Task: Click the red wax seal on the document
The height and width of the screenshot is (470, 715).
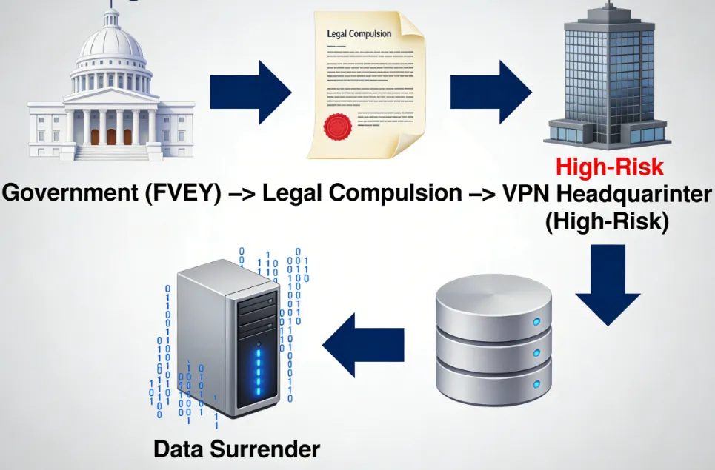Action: pos(339,126)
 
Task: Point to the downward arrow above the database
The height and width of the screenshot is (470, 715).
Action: pos(608,285)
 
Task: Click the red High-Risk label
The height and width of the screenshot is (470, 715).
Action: pos(610,167)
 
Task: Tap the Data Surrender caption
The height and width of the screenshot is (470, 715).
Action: pos(237,449)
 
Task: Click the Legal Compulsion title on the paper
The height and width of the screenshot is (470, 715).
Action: pos(359,34)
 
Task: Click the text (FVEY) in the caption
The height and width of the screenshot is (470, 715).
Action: pos(189,194)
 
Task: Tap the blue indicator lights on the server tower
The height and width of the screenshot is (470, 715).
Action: pos(259,369)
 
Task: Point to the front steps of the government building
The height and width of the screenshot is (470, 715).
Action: pos(111,152)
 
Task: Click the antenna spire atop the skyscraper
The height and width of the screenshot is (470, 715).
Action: pos(605,6)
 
